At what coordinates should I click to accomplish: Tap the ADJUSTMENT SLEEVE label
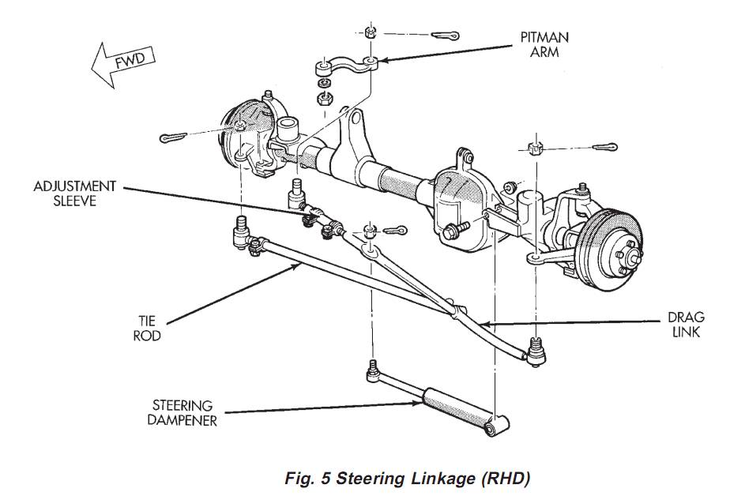(x=74, y=194)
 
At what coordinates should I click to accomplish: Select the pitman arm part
(x=347, y=66)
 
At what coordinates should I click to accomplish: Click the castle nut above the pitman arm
(x=370, y=32)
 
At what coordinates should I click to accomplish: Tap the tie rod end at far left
(x=239, y=232)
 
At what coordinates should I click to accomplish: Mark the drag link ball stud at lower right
(x=536, y=348)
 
